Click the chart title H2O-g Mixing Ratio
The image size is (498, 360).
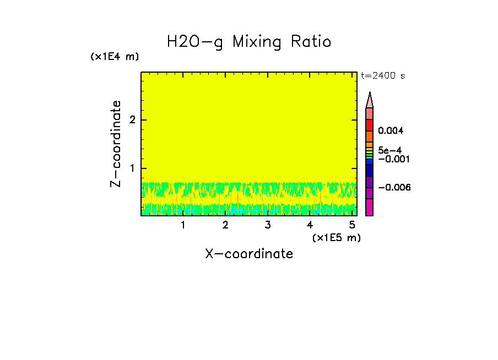(x=249, y=42)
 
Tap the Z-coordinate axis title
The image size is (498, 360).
(x=116, y=144)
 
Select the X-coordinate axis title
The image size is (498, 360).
(x=249, y=254)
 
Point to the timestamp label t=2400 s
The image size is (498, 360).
(x=383, y=76)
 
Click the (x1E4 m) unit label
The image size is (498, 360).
(x=115, y=57)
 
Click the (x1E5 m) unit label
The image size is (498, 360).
(x=336, y=237)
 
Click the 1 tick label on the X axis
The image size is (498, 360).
(x=183, y=225)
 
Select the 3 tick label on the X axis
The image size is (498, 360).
(x=267, y=225)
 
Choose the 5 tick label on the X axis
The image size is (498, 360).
(x=352, y=225)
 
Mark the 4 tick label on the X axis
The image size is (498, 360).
(x=310, y=225)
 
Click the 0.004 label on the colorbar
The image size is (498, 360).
(x=391, y=131)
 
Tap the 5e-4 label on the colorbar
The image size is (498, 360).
(x=389, y=150)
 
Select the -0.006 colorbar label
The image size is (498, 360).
(x=394, y=188)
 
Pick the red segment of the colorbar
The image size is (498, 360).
(x=370, y=125)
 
